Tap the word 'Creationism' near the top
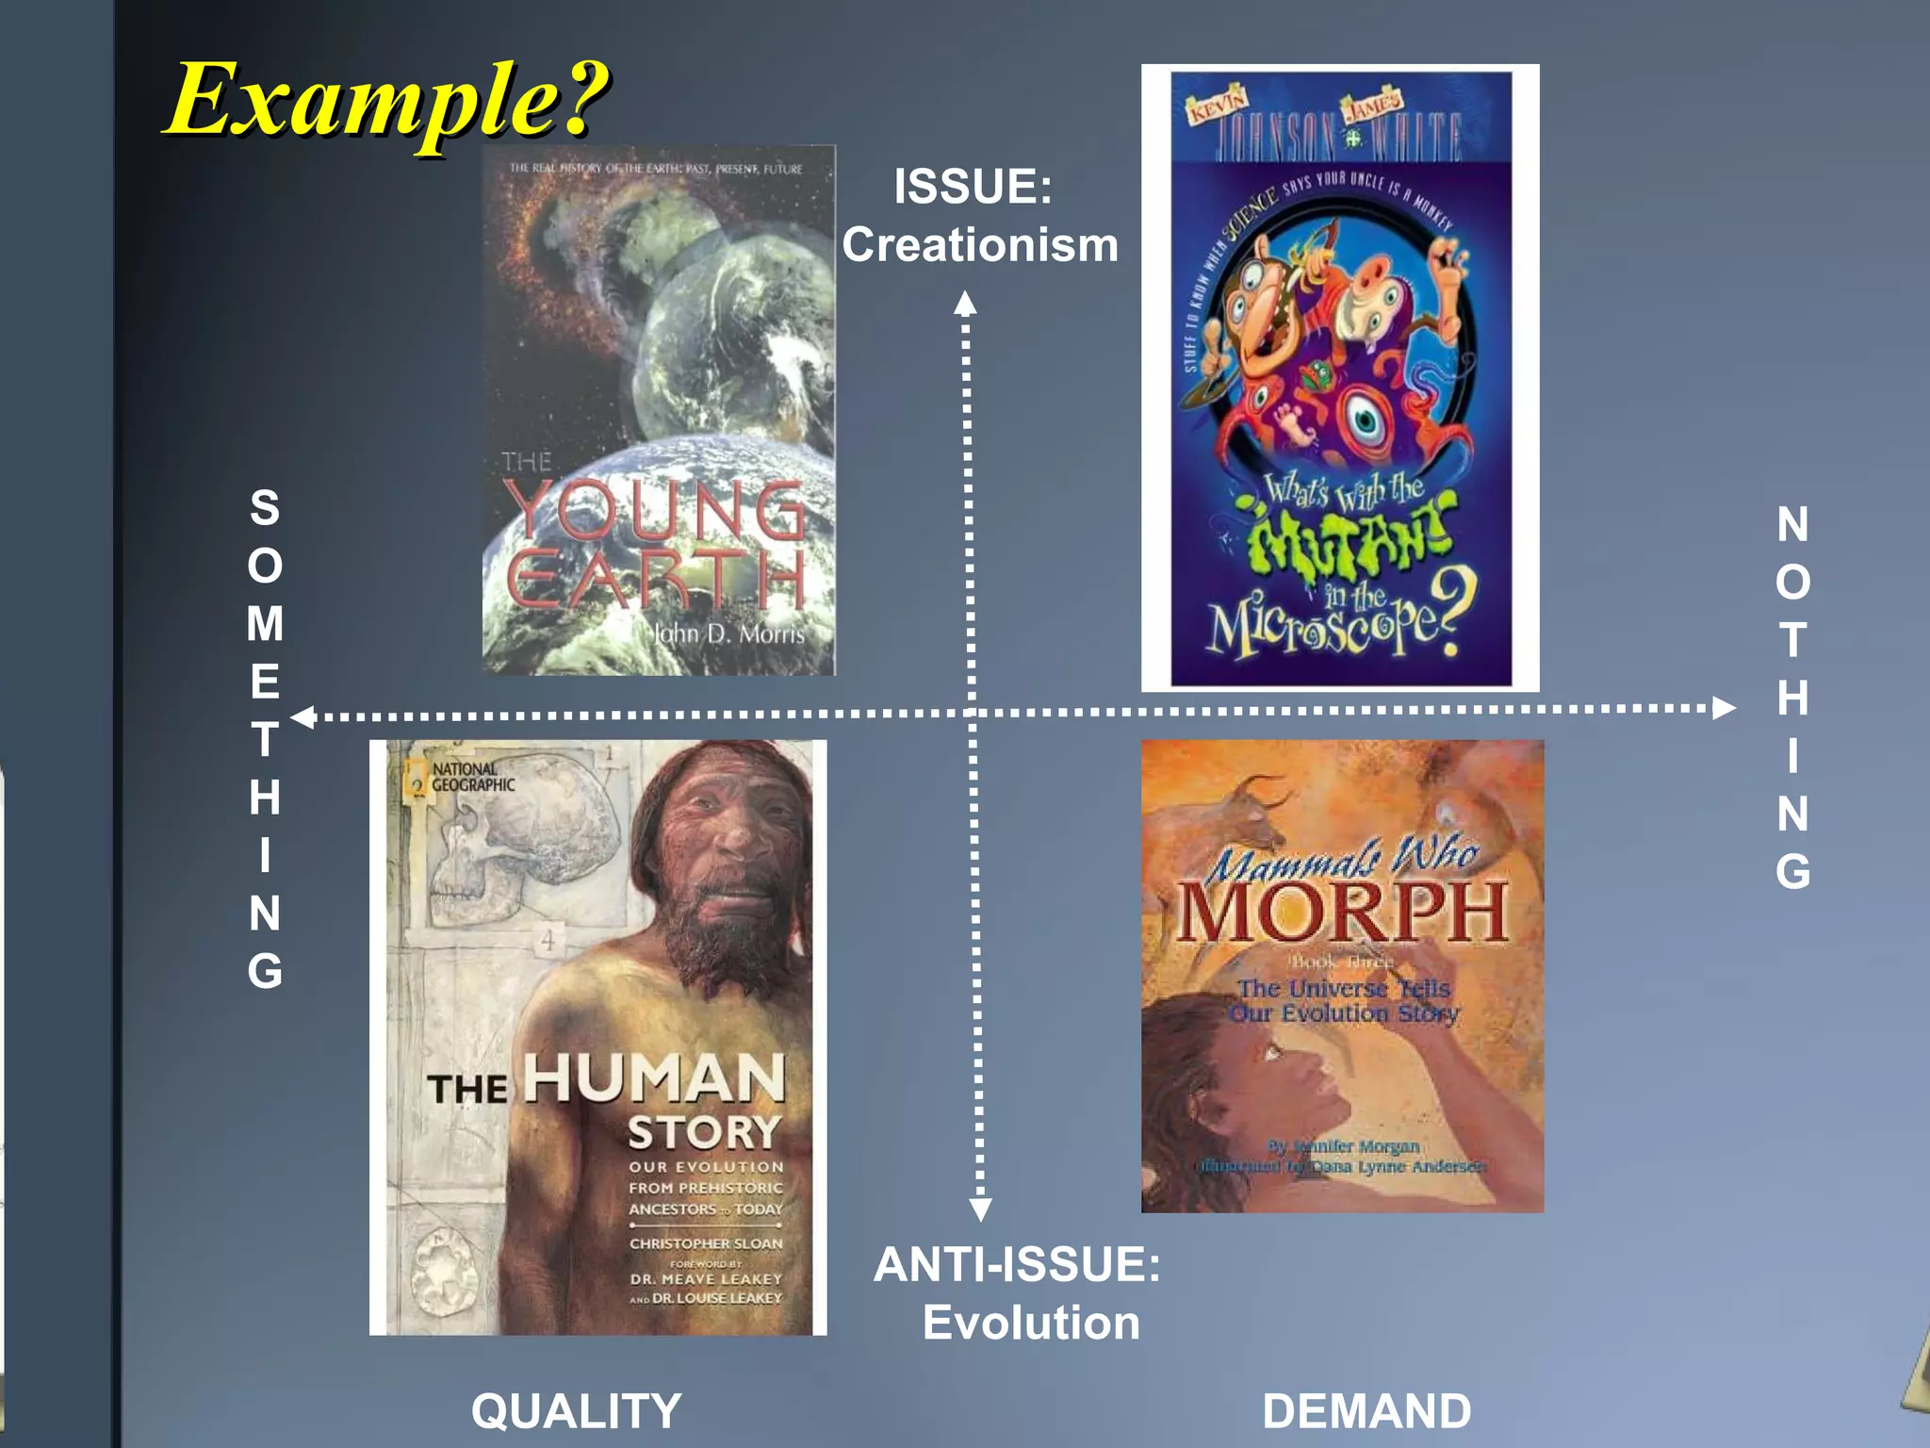tap(980, 245)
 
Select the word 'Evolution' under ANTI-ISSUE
tap(1031, 1323)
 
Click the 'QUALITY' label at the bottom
tap(576, 1411)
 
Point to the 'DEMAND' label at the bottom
tap(1366, 1411)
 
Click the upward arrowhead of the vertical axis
tap(965, 303)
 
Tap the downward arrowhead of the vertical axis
tap(980, 1209)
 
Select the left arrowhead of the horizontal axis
tap(303, 717)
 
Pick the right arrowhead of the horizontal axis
tap(1724, 707)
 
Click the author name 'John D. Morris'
tap(729, 633)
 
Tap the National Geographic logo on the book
tap(462, 778)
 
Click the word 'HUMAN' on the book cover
tap(654, 1078)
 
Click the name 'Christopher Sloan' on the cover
tap(706, 1243)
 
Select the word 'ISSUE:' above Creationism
tap(973, 186)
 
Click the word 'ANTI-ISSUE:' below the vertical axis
tap(1017, 1264)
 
